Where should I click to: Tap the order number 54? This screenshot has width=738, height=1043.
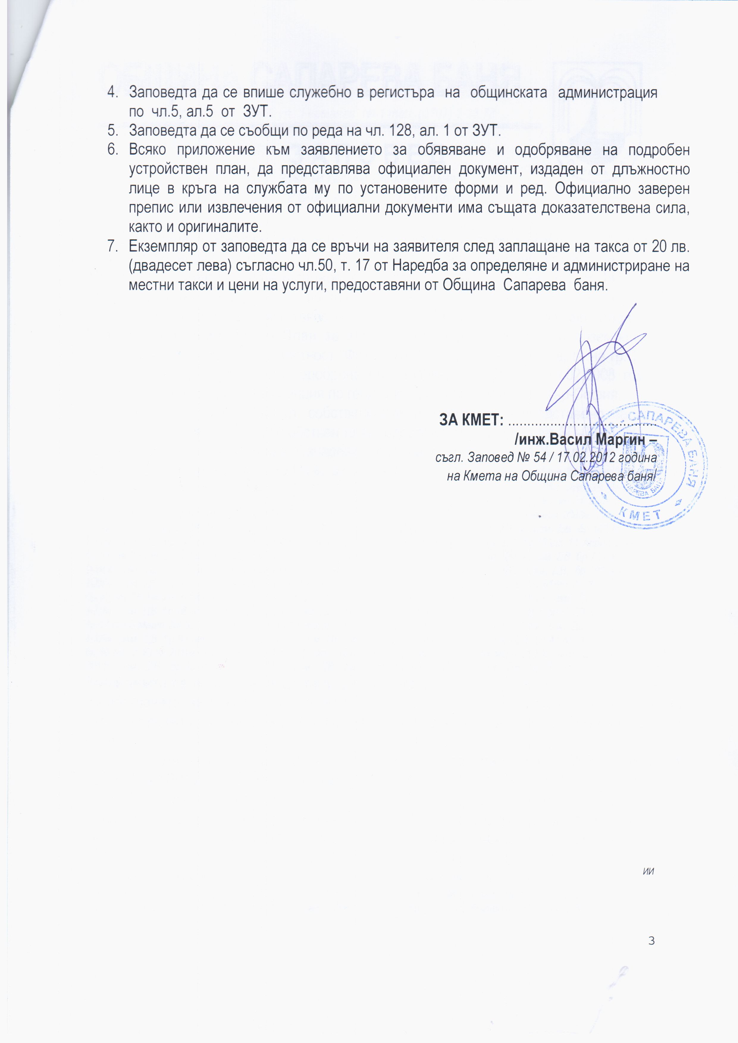tap(540, 458)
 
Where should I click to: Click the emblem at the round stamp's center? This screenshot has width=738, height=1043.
tap(645, 463)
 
